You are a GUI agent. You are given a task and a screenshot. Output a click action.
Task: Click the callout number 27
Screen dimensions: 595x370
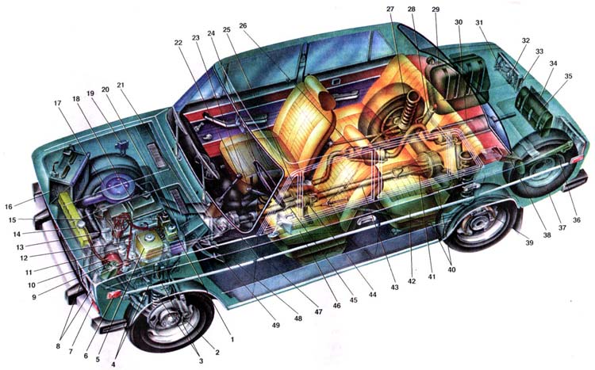pos(390,9)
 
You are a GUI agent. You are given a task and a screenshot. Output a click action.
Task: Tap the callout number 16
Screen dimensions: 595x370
pos(9,207)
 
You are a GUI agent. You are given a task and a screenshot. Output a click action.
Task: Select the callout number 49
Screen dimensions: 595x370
pos(275,326)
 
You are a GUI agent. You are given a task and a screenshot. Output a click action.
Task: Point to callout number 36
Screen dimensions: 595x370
pos(577,220)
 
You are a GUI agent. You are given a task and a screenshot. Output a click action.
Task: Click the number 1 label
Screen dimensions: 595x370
pos(232,340)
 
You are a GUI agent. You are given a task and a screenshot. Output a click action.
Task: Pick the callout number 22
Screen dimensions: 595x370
pos(178,43)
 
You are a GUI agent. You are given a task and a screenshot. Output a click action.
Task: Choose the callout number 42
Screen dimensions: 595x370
pos(412,281)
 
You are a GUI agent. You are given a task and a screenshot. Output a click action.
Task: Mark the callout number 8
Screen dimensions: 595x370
pos(58,346)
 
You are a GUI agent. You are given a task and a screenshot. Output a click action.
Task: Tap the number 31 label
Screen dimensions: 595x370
pos(479,23)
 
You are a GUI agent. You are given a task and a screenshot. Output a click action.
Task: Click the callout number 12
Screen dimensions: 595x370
pos(24,258)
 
